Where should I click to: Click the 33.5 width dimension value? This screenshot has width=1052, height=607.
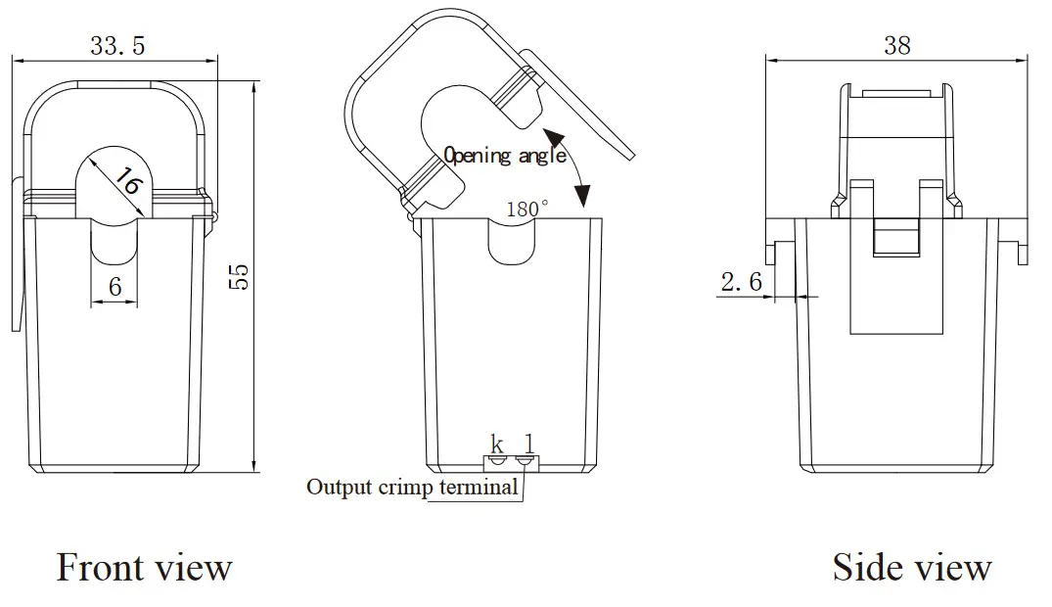117,46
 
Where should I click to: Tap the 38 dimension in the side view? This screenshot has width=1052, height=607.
896,45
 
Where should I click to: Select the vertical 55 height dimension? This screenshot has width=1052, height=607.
242,277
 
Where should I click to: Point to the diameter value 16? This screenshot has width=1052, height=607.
127,182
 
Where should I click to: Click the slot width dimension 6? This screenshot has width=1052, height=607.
114,287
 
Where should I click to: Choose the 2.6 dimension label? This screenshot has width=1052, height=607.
741,283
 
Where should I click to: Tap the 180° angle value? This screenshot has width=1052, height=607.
527,209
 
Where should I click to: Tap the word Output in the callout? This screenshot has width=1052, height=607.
340,487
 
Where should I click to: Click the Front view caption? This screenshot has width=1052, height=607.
144,568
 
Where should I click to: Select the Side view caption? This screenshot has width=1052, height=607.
911,568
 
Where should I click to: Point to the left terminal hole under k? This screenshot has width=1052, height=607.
498,459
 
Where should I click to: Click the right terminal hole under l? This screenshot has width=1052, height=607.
526,459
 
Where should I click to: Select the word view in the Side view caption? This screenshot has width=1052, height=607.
951,568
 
